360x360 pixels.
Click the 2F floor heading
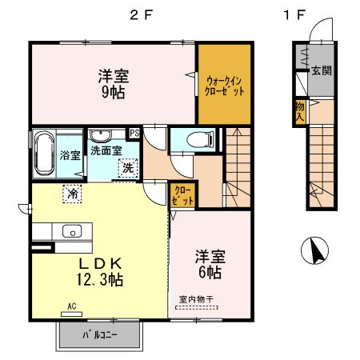[x=140, y=14]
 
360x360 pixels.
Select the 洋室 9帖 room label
[x=114, y=83]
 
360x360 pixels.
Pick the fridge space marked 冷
[x=73, y=193]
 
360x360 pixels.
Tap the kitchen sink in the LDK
[x=72, y=232]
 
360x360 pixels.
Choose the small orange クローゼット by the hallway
[x=181, y=194]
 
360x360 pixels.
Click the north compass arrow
[x=314, y=252]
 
